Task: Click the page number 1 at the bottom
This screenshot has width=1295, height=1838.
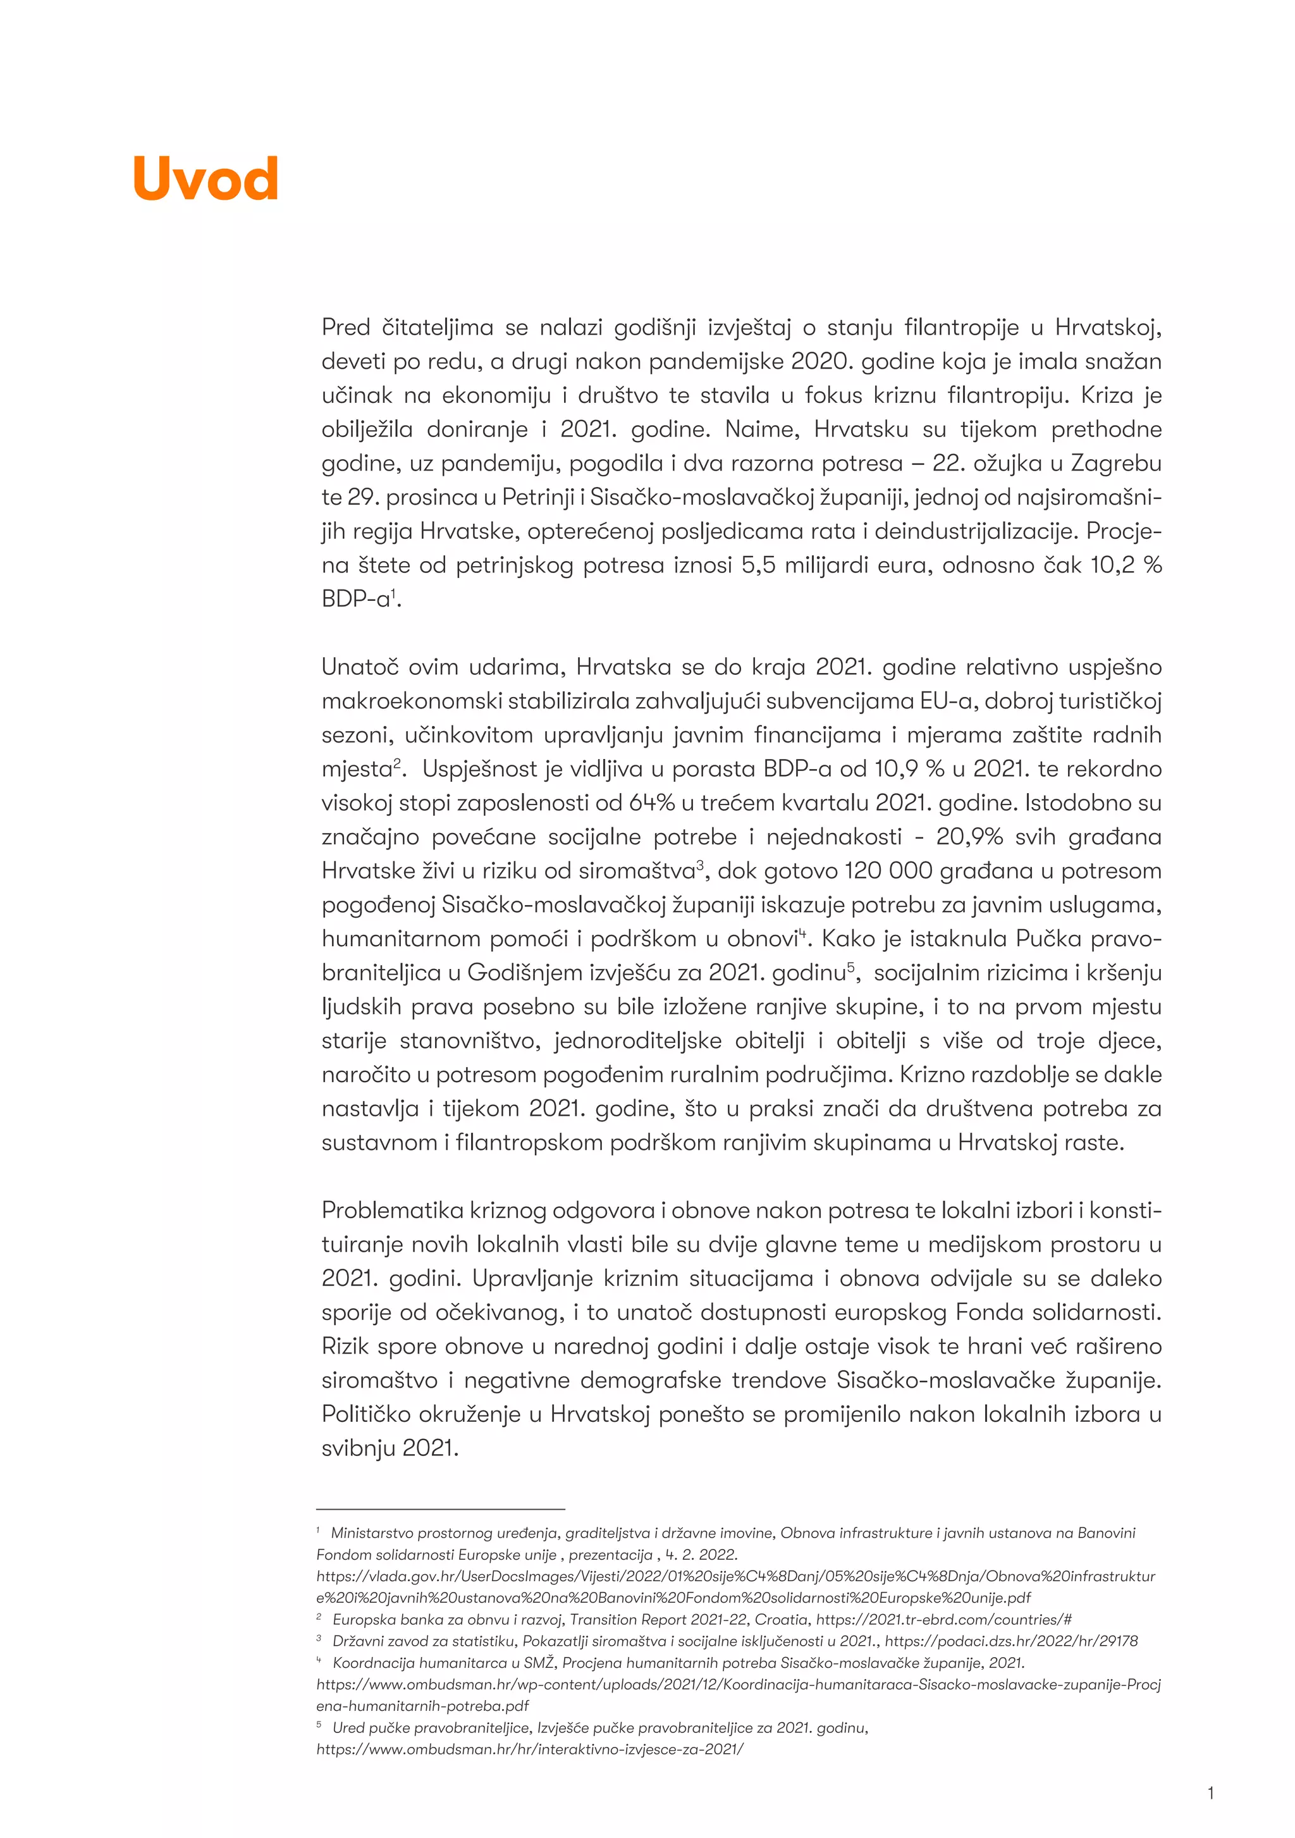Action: (x=1211, y=1793)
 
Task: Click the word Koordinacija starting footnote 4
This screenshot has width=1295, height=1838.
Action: (x=374, y=1663)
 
